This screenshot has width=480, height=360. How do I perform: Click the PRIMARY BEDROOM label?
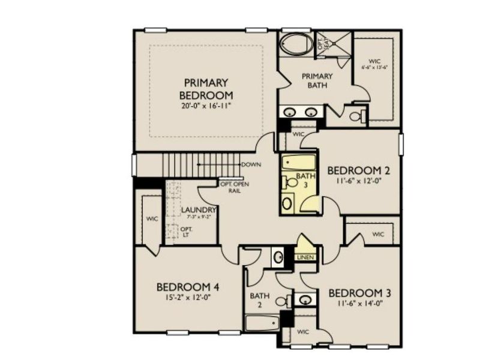(206, 89)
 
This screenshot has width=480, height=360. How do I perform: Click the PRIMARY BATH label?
(317, 80)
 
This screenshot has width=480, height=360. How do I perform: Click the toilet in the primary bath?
(356, 115)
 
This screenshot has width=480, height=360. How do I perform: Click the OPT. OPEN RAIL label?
(235, 187)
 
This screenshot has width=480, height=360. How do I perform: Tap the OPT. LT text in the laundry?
(184, 232)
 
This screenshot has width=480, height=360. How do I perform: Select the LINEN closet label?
(305, 257)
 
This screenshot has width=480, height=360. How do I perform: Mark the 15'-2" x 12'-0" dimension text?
(183, 297)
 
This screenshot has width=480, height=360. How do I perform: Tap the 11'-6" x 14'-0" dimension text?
(360, 304)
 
